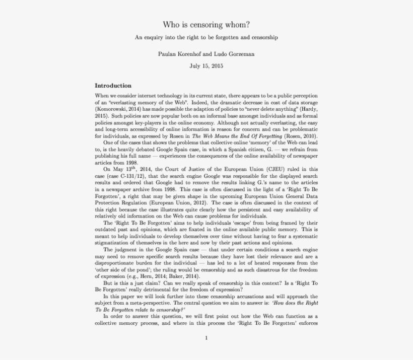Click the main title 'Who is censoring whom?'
pos(206,24)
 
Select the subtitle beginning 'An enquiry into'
pos(206,38)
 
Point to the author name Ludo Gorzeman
pos(237,54)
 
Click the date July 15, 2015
pos(206,66)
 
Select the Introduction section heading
pos(113,86)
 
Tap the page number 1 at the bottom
pos(206,338)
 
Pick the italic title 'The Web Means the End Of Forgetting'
pos(237,136)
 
